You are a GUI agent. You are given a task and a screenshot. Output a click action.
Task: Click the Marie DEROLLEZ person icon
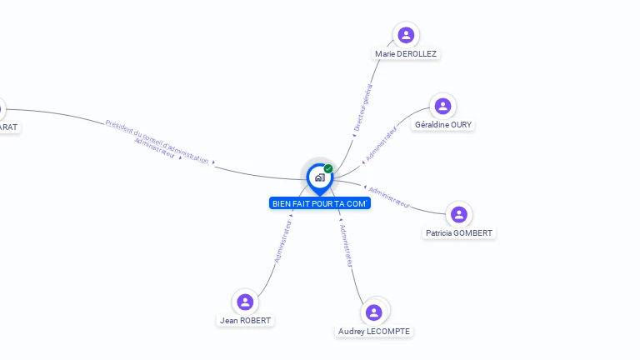[406, 35]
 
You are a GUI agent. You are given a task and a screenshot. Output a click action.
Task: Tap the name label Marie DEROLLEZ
[406, 53]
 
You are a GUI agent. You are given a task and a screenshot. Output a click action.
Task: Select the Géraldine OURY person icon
[442, 106]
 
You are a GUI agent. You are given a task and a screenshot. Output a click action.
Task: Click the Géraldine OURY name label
[442, 125]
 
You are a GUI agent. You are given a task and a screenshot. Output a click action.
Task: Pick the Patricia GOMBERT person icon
[458, 215]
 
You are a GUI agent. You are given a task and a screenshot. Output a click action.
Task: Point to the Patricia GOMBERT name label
[458, 233]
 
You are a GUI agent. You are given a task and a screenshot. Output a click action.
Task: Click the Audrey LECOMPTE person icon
[374, 312]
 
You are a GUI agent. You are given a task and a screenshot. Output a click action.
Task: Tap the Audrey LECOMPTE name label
[374, 332]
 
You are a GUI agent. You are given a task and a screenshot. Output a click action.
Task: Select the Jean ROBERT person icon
[245, 302]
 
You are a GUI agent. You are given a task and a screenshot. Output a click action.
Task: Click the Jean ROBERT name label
[245, 320]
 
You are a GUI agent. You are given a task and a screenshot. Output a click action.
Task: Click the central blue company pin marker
[319, 177]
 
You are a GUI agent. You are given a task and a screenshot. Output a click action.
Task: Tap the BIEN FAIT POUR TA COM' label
[320, 203]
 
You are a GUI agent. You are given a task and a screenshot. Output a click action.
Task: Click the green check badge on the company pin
[328, 168]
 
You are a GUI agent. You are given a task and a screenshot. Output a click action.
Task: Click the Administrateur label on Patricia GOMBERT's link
[389, 197]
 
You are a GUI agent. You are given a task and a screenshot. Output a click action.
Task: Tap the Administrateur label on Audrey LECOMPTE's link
[347, 245]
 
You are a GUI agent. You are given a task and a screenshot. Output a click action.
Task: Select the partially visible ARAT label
[7, 127]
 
